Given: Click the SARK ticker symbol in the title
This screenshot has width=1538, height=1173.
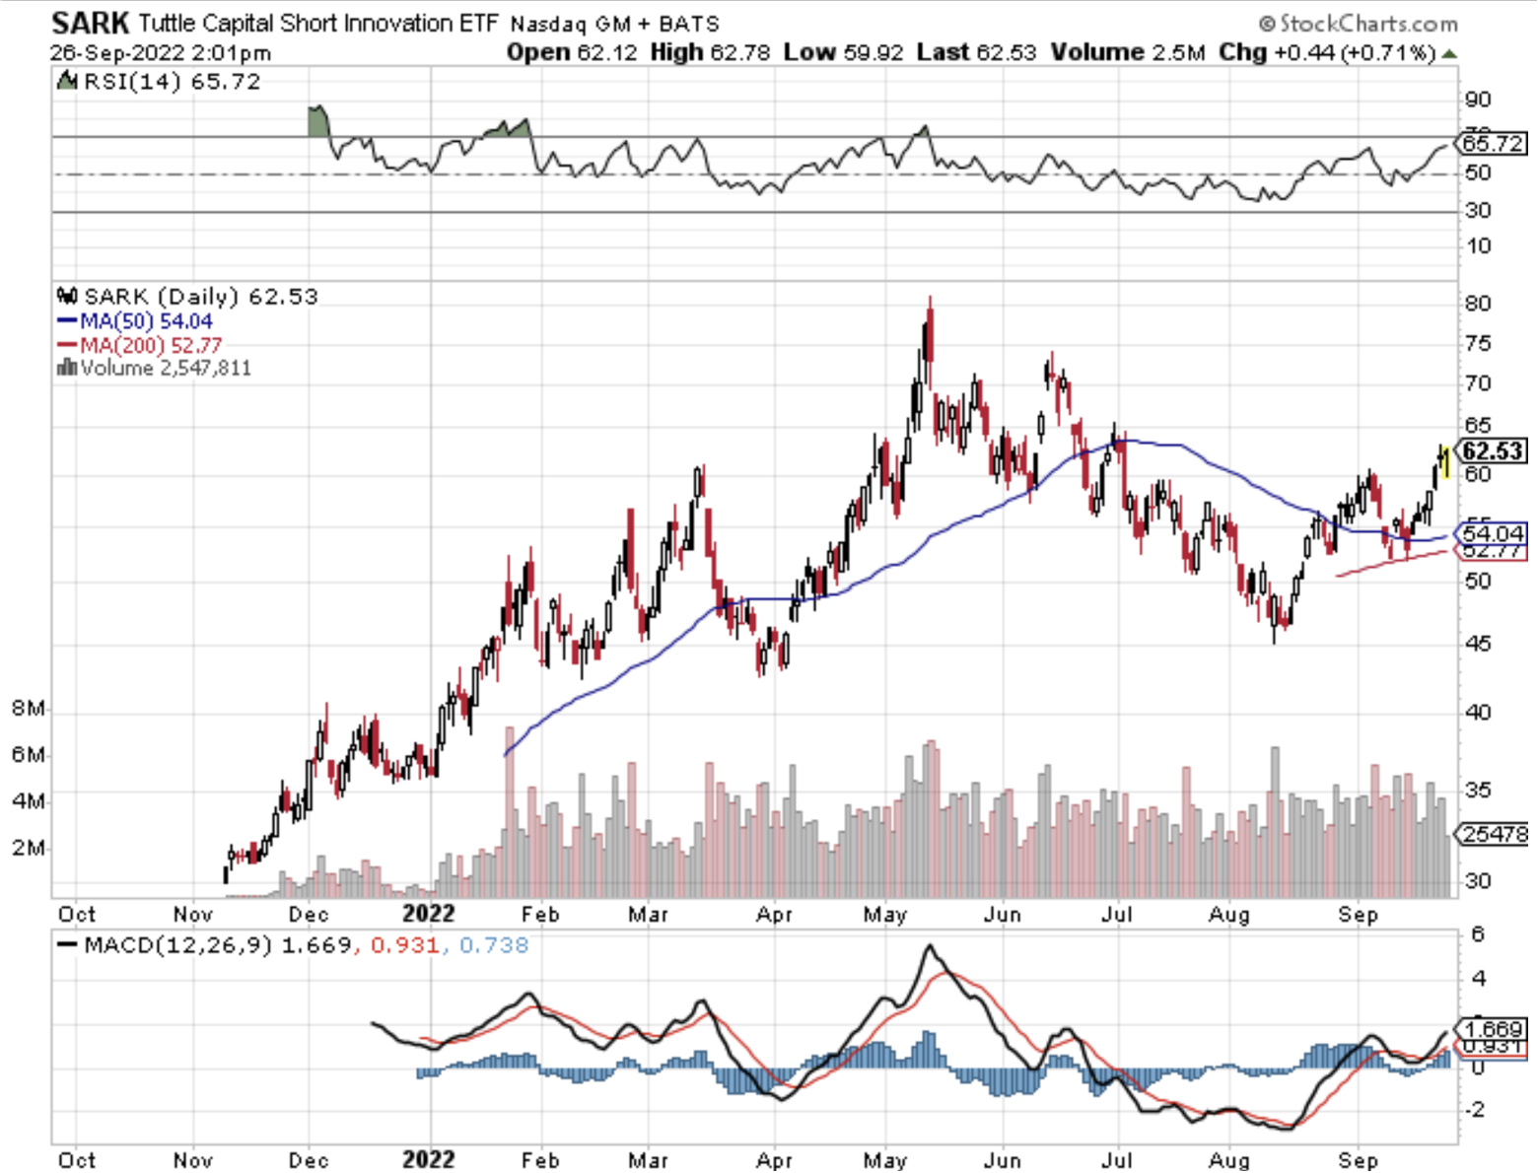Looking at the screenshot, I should point(90,22).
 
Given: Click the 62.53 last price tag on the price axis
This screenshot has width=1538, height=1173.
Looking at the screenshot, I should point(1493,451).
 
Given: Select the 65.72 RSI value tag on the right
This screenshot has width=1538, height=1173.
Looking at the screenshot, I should point(1493,144).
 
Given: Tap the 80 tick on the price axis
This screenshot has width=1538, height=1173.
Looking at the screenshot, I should point(1477,304).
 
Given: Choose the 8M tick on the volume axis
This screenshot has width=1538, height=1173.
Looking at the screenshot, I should point(28,709).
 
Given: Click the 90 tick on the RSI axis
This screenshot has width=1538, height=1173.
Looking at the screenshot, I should point(1477,100).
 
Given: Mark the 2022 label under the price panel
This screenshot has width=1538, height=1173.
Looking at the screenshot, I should point(429,914).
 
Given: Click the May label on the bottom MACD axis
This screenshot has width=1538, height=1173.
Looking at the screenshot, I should point(884,1160).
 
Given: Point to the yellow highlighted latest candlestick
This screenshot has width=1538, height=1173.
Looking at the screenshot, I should point(1445,461).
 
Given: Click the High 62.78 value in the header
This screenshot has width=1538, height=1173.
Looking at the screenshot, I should point(710,52).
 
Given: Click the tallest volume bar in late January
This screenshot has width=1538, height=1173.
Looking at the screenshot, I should point(510,808).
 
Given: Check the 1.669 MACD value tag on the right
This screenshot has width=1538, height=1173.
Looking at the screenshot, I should point(1493,1029).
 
